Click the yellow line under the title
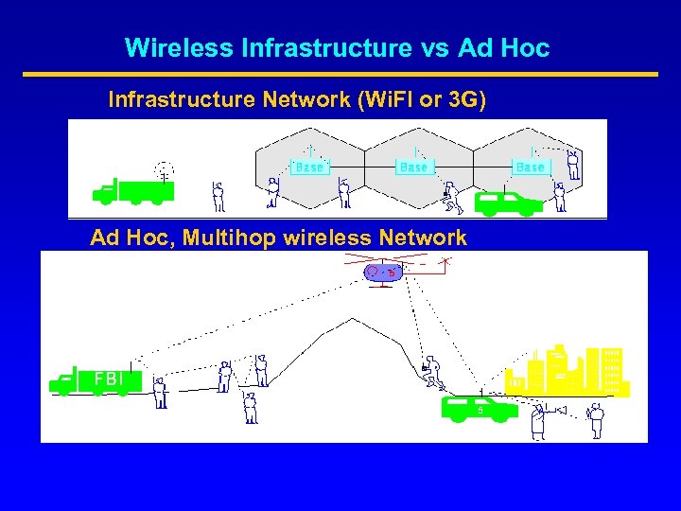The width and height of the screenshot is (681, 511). coord(340,74)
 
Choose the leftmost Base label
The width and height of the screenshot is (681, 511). coord(308,167)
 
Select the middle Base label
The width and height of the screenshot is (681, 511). coord(413,167)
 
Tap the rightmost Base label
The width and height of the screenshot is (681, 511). coord(531,167)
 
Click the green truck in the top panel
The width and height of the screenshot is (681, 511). coord(132,191)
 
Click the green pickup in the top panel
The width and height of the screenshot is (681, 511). coord(507,203)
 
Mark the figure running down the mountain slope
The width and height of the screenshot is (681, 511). coord(434,371)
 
